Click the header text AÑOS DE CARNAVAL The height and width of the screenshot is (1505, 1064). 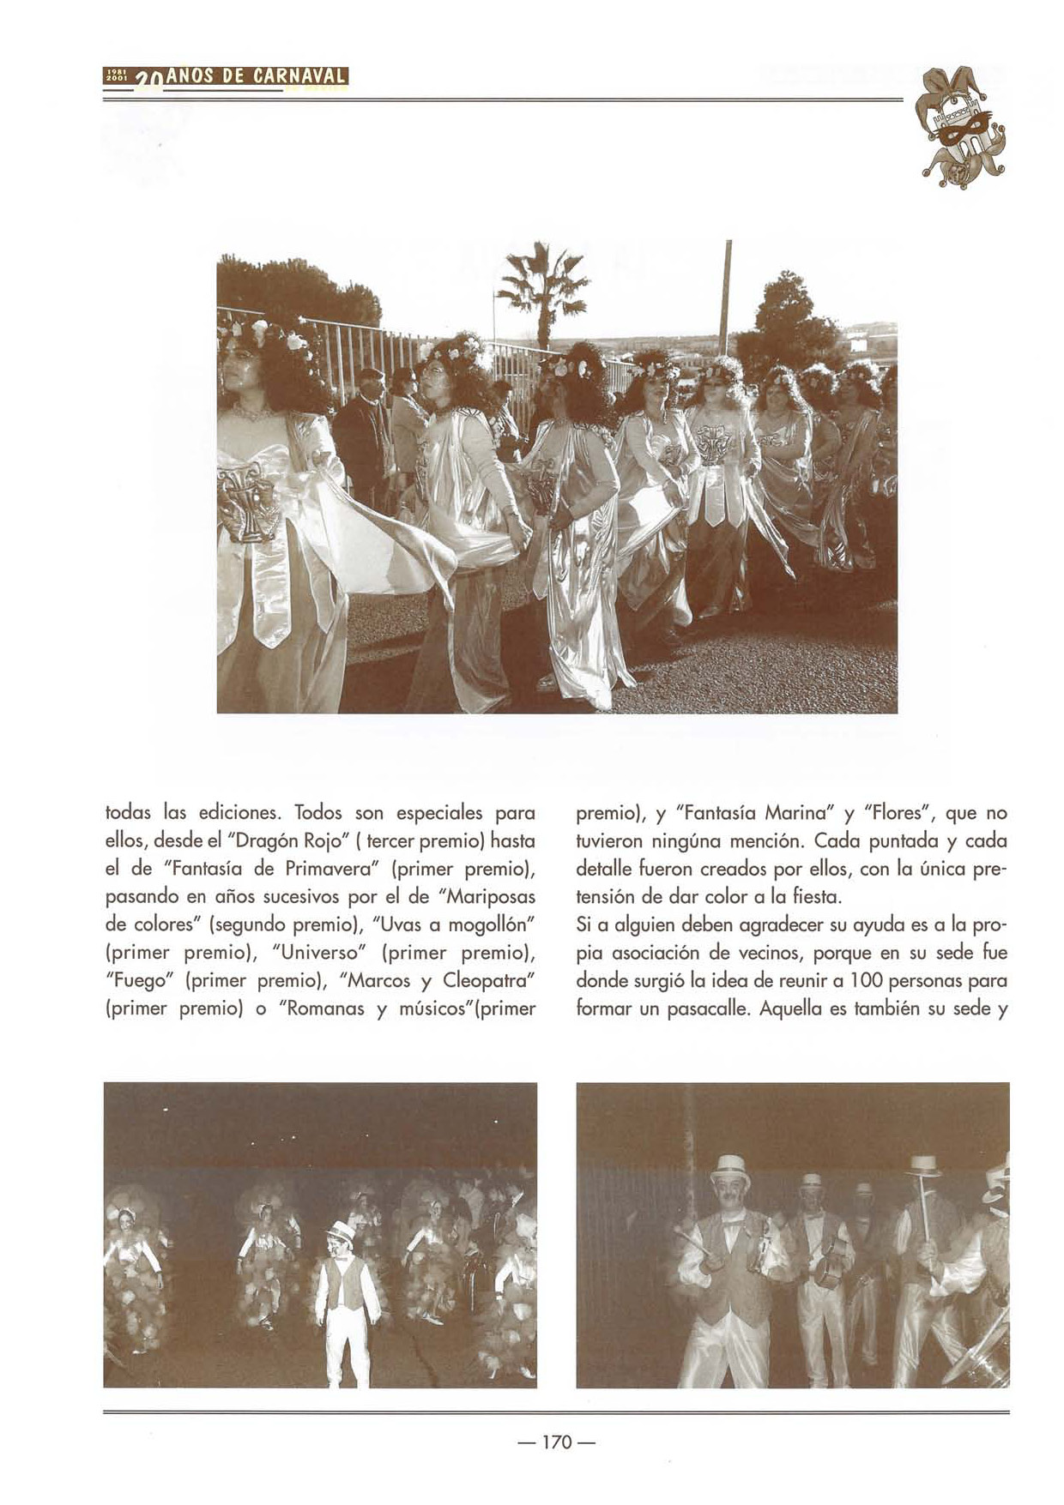coord(256,76)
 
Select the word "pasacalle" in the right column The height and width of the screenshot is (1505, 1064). coord(708,1008)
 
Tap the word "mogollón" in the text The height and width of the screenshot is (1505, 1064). coord(489,924)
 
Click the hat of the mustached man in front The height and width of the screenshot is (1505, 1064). coord(730,1168)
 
